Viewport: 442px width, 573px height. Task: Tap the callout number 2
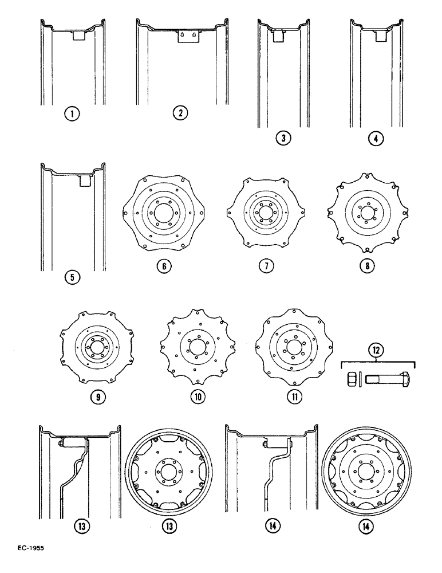tap(180, 113)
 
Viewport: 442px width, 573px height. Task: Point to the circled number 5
tap(72, 278)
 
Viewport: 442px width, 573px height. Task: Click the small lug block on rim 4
tap(380, 35)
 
